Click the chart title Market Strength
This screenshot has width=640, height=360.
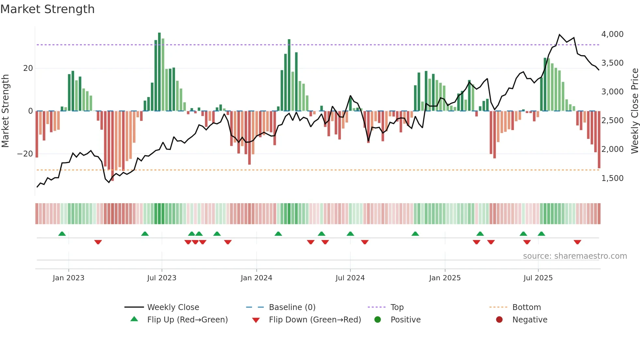pos(47,9)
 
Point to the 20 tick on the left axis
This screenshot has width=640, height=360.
pos(28,68)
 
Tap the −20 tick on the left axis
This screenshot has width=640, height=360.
pos(25,154)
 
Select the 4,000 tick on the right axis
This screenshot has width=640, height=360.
pos(612,34)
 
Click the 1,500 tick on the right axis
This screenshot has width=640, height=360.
pos(612,178)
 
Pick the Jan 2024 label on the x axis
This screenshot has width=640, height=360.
pos(256,278)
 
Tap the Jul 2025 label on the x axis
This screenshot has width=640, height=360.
pos(538,278)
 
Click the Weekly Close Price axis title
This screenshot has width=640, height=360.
pos(634,111)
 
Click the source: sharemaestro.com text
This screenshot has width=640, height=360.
pos(575,256)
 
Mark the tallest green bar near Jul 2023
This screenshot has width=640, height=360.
pos(159,72)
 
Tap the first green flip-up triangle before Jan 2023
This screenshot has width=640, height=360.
pos(62,234)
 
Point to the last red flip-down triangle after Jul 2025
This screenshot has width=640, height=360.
pos(577,242)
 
